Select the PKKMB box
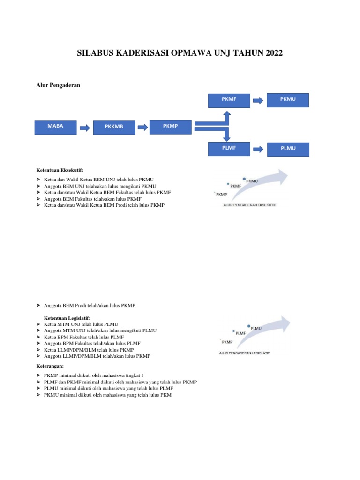pos(114,127)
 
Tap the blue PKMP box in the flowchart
pos(170,127)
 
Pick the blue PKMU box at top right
pos(288,100)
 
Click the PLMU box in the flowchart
pos(288,149)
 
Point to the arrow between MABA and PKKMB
pos(84,127)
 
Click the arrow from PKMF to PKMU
pos(257,100)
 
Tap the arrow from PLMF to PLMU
pos(257,149)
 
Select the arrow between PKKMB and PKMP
pos(142,127)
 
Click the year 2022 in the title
pos(274,54)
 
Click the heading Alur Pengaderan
pos(59,85)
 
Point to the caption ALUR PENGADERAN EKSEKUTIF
pos(250,205)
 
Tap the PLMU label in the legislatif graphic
pos(256,328)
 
